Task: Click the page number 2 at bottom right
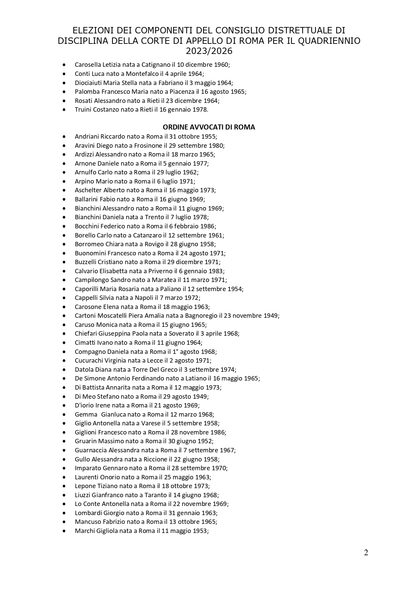pos(366,553)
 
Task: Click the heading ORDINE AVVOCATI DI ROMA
pos(209,127)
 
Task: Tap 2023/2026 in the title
pos(209,51)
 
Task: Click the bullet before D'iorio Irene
pos(64,405)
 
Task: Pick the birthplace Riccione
pos(155,459)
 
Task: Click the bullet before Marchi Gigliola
pos(64,531)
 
